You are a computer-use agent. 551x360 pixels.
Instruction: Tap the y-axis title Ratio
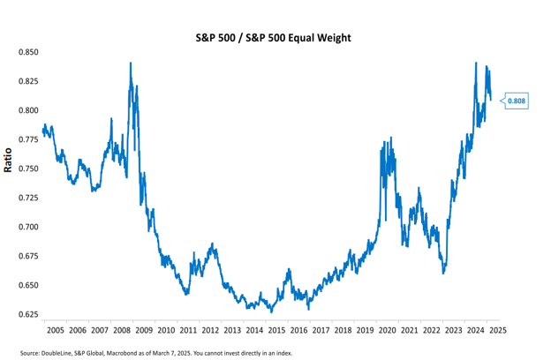8,161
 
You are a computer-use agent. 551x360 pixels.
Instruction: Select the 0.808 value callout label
517,101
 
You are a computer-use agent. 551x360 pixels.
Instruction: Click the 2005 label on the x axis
55,329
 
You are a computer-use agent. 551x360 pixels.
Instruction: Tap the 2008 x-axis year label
122,329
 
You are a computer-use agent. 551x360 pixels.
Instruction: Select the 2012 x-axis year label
210,329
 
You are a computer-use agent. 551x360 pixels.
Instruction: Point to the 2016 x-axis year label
298,329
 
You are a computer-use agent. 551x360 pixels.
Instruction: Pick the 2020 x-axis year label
387,329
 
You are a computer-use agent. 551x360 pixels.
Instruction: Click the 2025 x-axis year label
497,329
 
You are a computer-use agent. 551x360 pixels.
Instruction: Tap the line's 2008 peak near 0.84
131,64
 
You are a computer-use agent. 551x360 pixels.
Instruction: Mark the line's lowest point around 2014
271,311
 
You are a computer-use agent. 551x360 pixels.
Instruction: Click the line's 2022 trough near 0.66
444,273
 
